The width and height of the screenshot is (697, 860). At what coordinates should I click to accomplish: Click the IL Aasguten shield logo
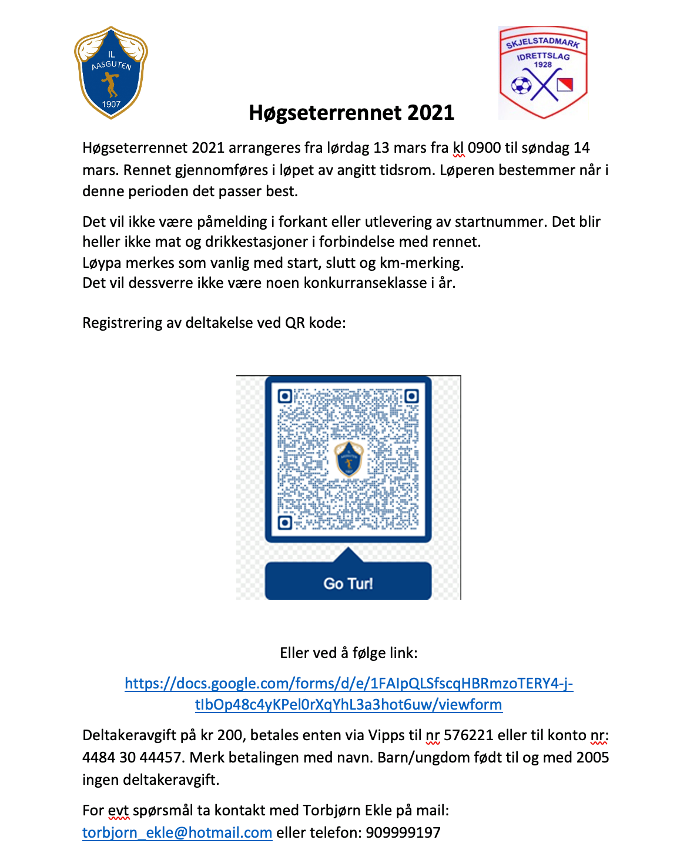111,72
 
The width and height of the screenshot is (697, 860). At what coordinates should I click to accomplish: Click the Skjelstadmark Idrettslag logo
543,72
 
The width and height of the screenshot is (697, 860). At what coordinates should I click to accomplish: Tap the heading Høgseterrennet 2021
351,113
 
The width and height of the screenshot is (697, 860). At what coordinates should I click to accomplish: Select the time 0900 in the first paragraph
484,148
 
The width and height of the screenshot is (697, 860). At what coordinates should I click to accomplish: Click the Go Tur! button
348,583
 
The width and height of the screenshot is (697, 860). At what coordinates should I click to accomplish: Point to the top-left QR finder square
285,397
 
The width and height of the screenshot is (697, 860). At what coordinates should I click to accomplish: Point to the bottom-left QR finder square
285,522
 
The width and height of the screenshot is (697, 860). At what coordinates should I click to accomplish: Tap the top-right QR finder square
411,397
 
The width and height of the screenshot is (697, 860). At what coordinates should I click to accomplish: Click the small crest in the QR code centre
348,459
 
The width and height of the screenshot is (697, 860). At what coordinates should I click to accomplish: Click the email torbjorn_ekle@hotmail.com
177,833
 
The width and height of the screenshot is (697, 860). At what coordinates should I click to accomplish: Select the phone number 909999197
403,833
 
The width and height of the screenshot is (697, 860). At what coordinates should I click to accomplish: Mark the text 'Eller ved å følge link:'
348,653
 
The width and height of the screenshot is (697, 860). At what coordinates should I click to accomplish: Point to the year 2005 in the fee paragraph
593,758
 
